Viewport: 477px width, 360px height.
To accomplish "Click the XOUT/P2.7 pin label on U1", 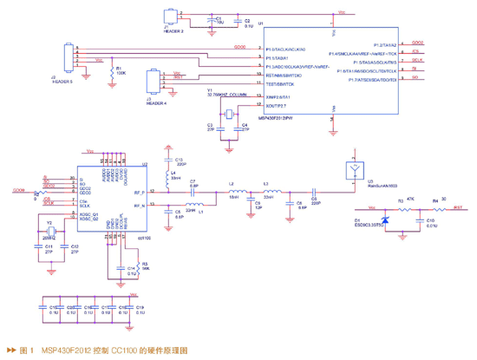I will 276,104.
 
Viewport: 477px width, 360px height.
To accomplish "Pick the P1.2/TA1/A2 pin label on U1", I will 384,43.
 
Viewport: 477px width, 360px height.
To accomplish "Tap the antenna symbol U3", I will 355,168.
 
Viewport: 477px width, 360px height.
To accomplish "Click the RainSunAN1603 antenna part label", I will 357,187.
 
